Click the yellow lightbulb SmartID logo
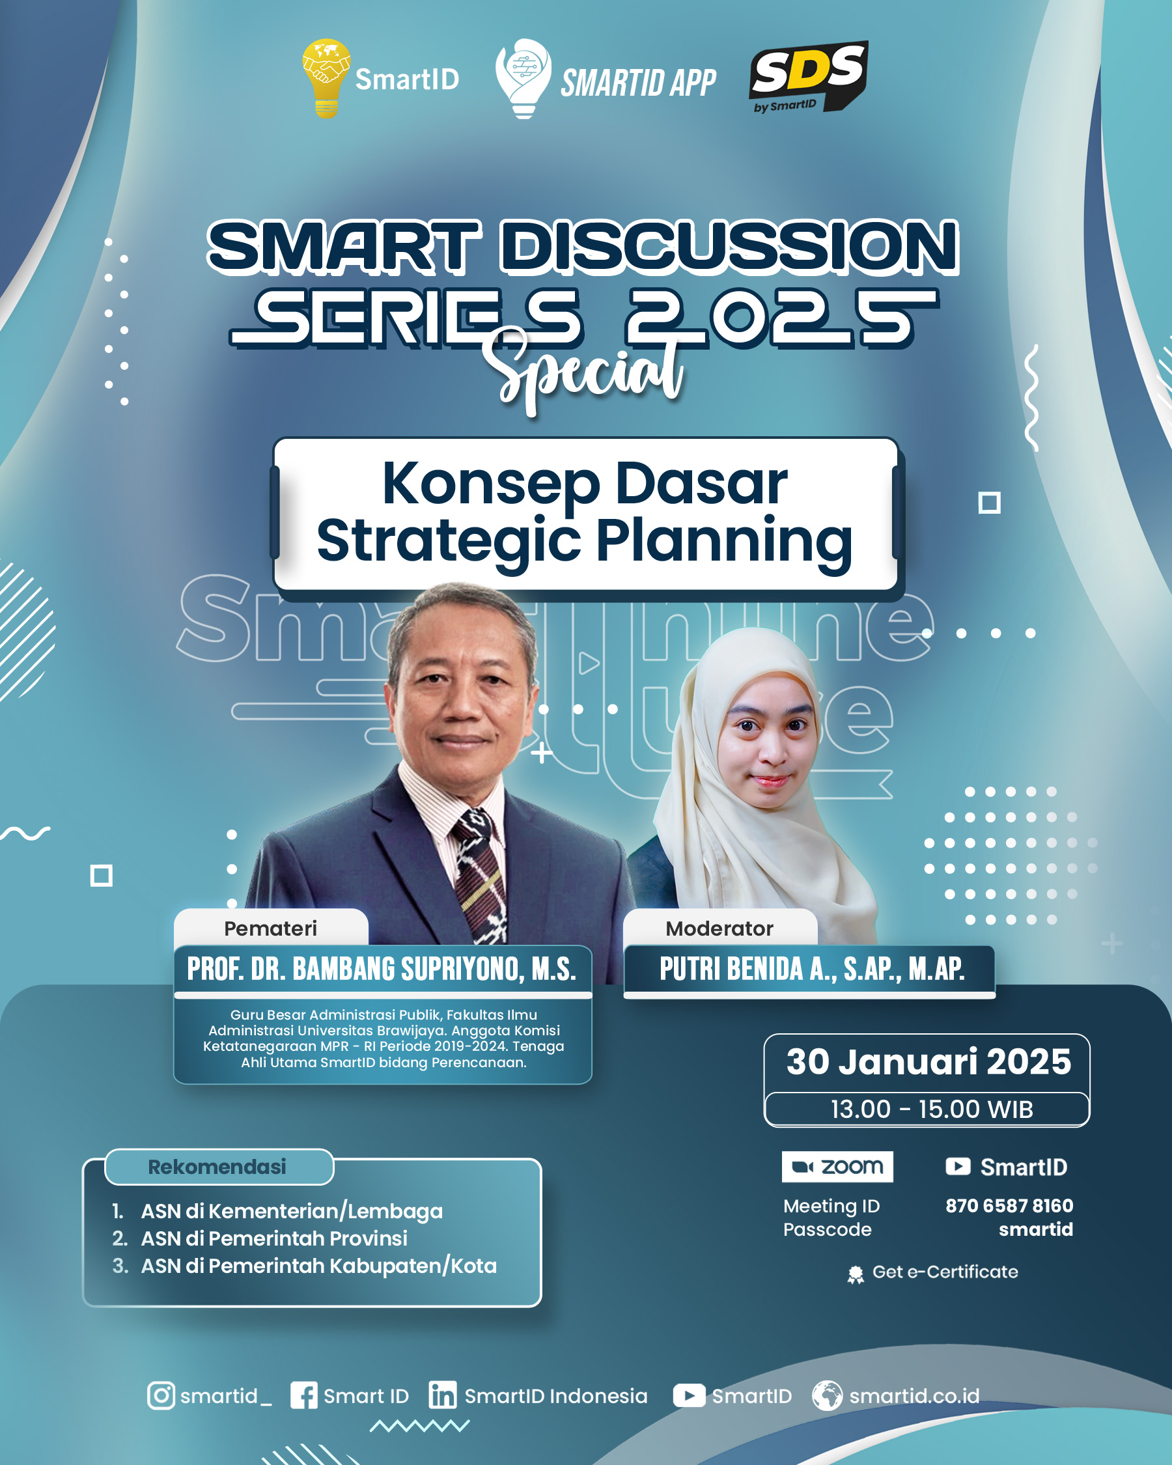coord(326,78)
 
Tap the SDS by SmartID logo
coord(808,77)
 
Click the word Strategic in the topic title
coord(449,541)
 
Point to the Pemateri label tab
coord(271,928)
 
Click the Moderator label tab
coord(719,928)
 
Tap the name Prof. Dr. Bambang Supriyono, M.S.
coord(382,969)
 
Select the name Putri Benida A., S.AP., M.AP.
coord(812,969)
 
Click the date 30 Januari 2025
coord(928,1061)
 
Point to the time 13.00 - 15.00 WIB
coord(932,1109)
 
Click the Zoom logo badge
coord(837,1167)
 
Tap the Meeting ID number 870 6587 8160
coord(1009,1205)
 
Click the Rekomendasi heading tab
coord(218,1167)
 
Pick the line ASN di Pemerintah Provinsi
coord(274,1238)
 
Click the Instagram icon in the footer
coord(161,1396)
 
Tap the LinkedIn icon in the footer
coord(442,1395)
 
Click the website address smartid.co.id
coord(915,1396)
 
